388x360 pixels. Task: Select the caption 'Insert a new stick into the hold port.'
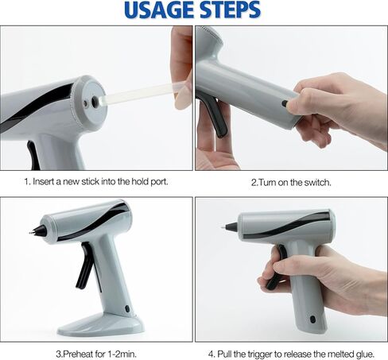point(95,181)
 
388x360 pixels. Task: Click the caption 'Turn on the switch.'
point(291,181)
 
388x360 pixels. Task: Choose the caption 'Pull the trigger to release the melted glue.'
point(290,353)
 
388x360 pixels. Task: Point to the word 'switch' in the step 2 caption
point(312,181)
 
